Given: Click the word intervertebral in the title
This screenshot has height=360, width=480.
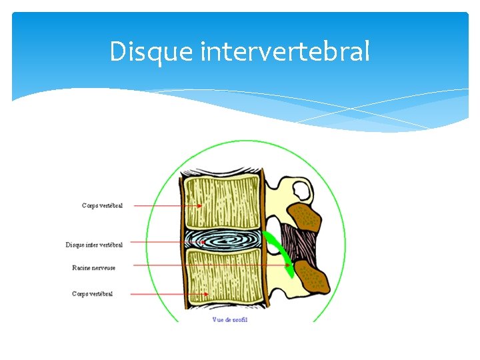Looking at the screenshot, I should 285,51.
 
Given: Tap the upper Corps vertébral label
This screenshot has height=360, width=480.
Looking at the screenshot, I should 102,206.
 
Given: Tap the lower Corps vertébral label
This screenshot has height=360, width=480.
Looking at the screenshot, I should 92,294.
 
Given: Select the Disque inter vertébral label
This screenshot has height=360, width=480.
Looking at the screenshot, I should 94,245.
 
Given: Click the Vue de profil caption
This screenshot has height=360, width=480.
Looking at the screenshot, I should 230,320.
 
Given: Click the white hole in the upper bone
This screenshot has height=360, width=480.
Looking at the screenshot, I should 301,191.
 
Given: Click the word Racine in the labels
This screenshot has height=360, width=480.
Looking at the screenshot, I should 81,267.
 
